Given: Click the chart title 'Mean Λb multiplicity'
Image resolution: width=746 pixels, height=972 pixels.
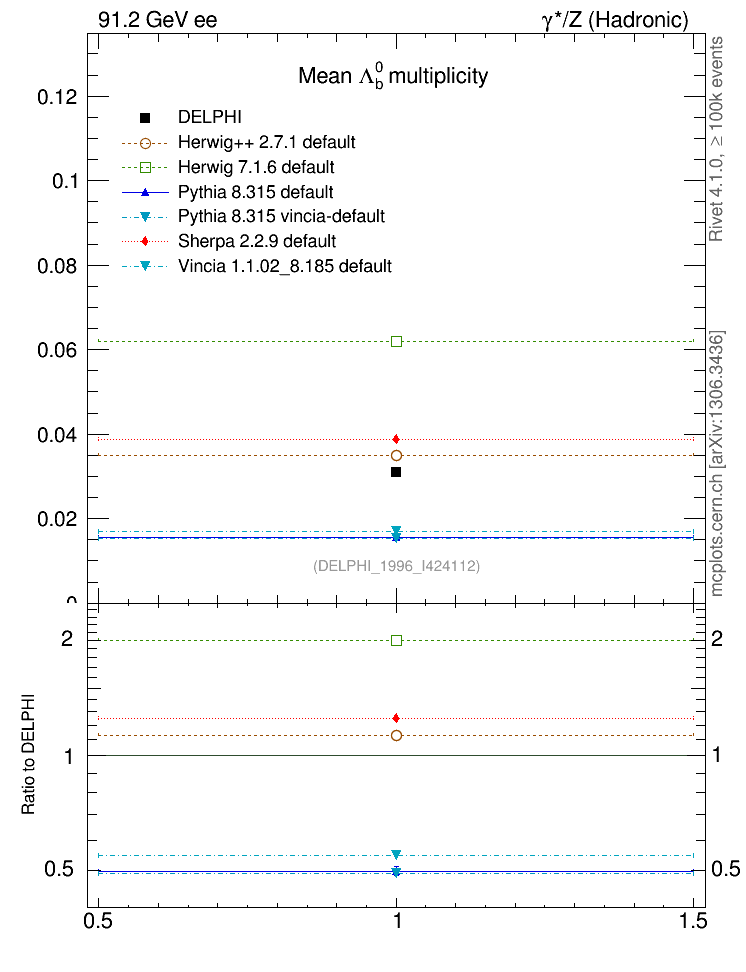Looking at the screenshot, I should click(393, 77).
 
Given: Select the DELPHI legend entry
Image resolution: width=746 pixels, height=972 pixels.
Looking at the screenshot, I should click(209, 117).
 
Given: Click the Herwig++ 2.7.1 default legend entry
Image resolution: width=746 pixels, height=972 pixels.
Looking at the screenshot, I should click(266, 142).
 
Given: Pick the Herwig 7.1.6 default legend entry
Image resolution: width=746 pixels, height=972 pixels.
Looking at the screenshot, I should click(255, 167).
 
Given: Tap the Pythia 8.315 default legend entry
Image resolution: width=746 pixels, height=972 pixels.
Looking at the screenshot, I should click(255, 192).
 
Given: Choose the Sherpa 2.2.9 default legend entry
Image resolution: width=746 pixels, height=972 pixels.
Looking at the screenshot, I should click(256, 241).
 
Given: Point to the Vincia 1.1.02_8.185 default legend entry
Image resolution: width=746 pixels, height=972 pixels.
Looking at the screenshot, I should click(284, 266).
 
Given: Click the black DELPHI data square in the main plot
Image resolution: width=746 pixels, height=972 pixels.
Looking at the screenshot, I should click(397, 472).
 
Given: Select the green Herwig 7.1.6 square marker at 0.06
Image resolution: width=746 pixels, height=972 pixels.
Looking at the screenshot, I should click(397, 342).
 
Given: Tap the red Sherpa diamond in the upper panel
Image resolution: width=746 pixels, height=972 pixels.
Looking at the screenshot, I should click(397, 439).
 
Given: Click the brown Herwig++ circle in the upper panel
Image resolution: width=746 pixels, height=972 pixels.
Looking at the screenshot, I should click(397, 456).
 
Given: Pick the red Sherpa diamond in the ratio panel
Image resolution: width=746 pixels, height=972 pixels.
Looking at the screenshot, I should click(397, 718).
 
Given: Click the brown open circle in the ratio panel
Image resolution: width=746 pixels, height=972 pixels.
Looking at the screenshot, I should click(397, 736).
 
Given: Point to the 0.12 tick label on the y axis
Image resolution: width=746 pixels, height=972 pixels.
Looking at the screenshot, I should click(57, 97).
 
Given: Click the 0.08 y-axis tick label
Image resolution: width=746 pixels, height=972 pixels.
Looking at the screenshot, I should click(57, 266).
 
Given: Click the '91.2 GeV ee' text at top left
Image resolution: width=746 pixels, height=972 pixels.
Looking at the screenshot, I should click(158, 20).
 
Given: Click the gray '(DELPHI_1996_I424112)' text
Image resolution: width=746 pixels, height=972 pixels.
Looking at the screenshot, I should click(397, 567).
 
